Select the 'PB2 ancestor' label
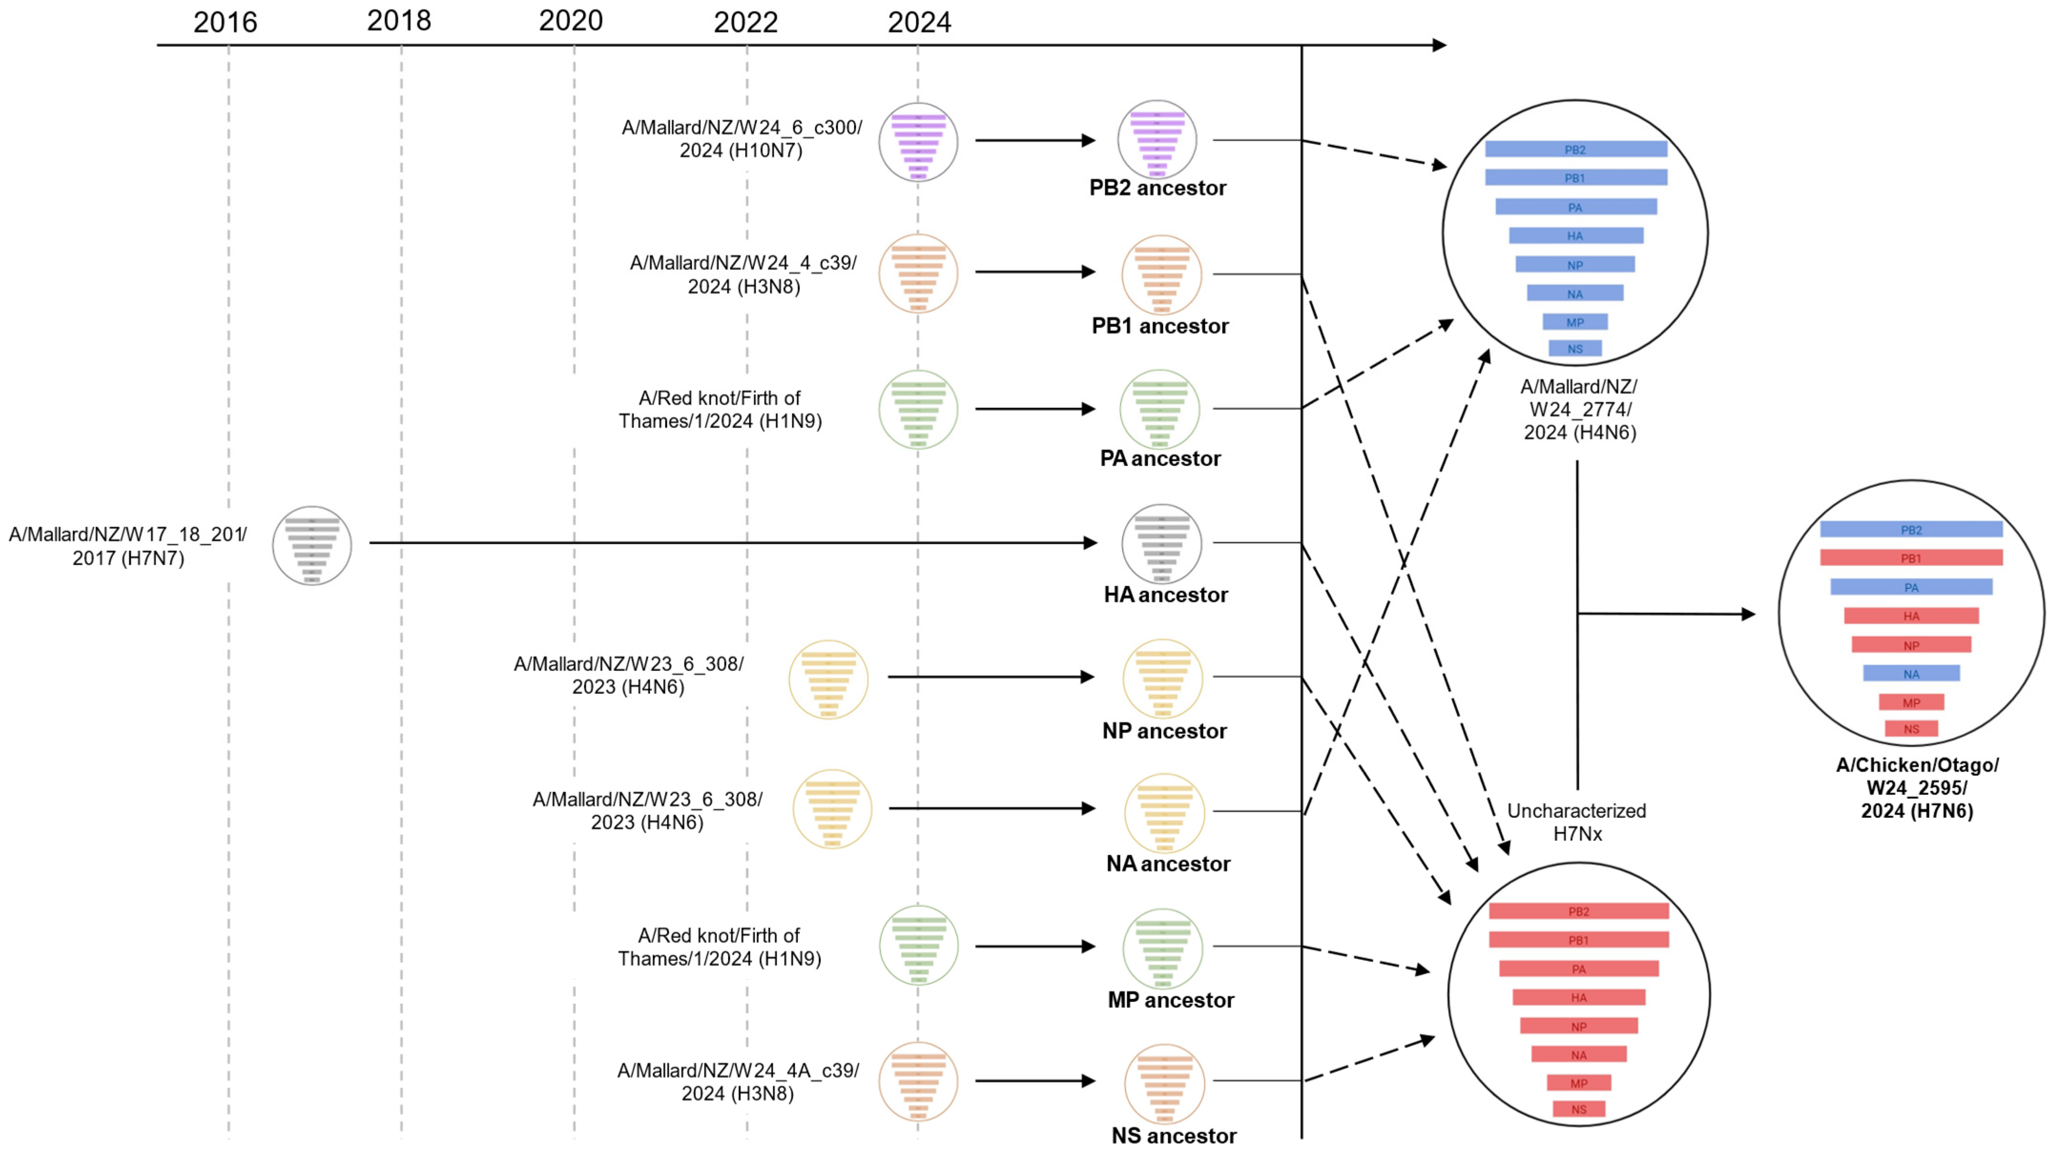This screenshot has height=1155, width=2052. coord(1157,188)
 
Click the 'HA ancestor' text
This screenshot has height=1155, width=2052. coord(1165,595)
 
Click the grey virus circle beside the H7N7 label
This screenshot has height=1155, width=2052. coord(311,546)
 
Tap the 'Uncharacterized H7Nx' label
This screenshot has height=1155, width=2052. coord(1577,822)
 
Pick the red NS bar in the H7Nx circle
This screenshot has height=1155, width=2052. coord(1578,1109)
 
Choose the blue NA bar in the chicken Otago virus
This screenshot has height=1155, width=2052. coord(1911,674)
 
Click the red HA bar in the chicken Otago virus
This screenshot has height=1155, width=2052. coord(1911,616)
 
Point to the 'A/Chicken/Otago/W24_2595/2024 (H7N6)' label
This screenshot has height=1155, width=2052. coord(1917,788)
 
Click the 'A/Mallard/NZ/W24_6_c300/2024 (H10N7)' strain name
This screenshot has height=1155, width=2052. coord(742,139)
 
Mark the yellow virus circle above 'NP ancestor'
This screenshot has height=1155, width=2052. coord(1162,679)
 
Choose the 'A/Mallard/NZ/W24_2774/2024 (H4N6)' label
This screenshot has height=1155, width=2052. coord(1579,410)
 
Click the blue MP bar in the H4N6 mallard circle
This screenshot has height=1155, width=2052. coord(1575,322)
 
